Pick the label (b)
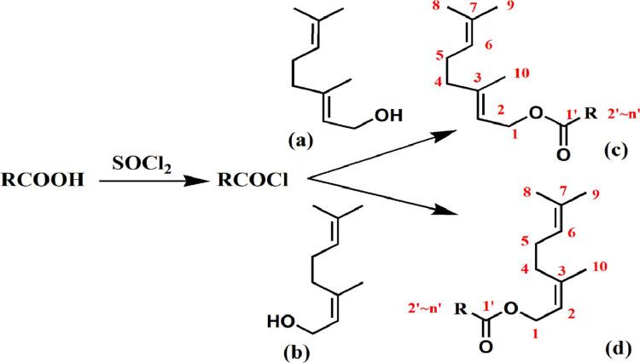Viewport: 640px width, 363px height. click(x=304, y=350)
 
